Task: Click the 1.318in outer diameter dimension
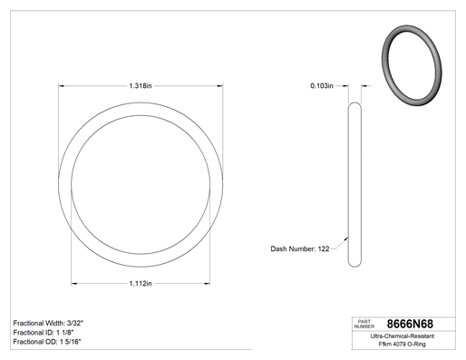141,86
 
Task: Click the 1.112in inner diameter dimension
141,284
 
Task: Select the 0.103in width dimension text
322,86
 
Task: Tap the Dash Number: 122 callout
300,248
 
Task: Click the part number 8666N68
410,324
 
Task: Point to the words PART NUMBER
364,324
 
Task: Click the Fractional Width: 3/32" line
48,323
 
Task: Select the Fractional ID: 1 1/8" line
44,333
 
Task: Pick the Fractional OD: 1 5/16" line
47,342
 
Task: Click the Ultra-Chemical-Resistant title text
403,336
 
